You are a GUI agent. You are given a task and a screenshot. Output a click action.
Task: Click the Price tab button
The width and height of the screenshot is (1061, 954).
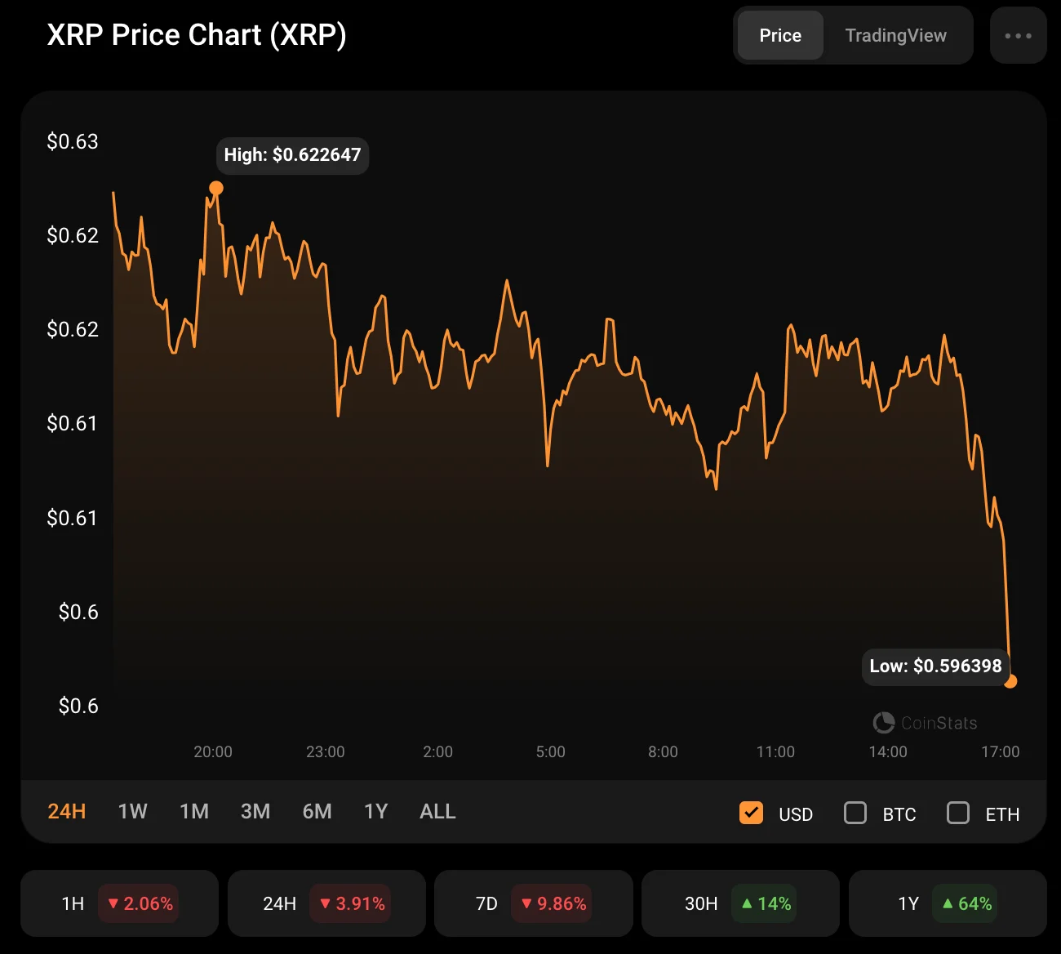(x=780, y=35)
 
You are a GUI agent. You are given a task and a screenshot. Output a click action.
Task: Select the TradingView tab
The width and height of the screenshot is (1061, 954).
(x=895, y=35)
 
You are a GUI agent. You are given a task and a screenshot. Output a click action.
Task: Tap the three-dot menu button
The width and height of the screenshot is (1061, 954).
(x=1018, y=35)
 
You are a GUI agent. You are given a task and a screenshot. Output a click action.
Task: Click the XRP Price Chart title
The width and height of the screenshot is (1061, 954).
(x=197, y=35)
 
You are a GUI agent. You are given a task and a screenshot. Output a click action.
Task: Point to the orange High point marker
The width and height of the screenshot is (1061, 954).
(x=216, y=189)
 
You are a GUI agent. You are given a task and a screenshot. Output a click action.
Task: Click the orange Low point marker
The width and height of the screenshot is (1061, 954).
(x=1010, y=681)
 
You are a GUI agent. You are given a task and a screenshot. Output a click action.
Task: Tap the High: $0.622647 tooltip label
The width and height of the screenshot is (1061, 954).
(x=292, y=155)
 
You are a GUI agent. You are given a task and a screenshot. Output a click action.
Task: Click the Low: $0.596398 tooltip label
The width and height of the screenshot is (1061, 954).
(x=935, y=666)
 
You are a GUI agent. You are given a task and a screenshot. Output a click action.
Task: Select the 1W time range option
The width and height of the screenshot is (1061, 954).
(x=132, y=811)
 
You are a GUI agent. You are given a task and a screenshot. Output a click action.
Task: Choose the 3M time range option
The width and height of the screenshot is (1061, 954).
(x=255, y=811)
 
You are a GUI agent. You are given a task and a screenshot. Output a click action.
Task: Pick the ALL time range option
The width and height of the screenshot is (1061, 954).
(x=437, y=811)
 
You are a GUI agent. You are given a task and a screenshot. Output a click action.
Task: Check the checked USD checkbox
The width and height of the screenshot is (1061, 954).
(x=751, y=813)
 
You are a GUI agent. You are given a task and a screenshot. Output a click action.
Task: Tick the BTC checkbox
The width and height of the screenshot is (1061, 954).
(x=855, y=813)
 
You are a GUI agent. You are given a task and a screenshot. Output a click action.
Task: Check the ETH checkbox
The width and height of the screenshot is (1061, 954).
(x=958, y=813)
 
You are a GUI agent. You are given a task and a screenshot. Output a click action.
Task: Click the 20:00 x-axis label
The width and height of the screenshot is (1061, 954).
(x=213, y=751)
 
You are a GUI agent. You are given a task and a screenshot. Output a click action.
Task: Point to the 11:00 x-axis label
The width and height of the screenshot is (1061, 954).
(x=775, y=751)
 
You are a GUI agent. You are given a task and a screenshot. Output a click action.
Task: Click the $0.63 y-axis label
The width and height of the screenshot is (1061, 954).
(x=73, y=141)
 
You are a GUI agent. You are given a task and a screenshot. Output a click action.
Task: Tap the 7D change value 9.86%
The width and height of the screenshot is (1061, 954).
(x=553, y=903)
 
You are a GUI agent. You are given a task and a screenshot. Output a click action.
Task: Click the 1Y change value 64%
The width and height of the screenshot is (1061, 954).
(x=966, y=903)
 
